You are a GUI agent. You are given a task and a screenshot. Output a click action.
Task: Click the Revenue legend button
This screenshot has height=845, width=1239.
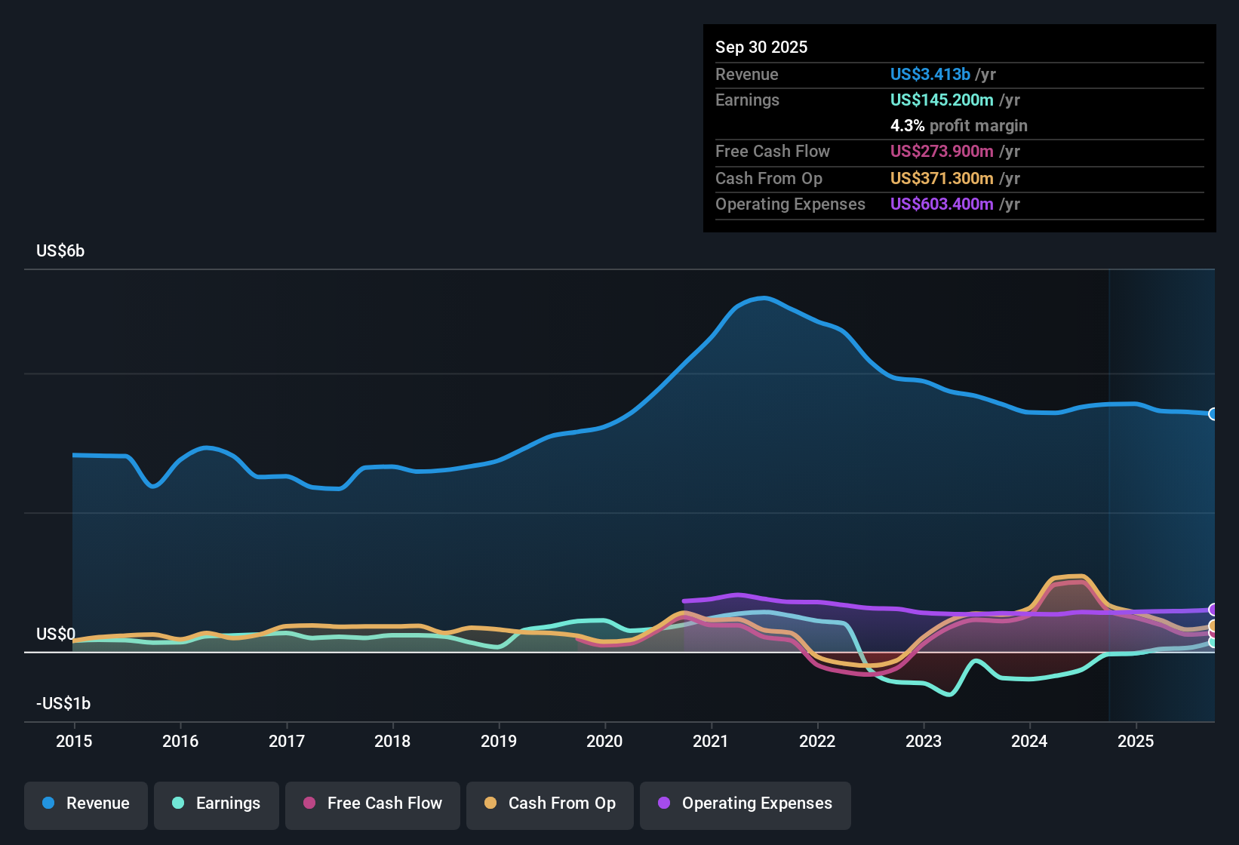tap(86, 804)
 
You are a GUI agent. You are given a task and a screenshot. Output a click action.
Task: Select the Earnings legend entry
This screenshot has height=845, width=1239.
tap(217, 804)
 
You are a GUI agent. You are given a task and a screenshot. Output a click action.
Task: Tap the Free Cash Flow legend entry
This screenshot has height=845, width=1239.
tap(373, 804)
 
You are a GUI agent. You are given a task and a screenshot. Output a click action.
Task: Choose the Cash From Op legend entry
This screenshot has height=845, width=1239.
tap(550, 804)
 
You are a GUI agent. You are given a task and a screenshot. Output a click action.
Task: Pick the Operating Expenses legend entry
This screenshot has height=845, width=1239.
tap(746, 804)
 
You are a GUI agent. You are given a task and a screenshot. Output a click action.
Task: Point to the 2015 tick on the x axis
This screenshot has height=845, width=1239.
tap(74, 741)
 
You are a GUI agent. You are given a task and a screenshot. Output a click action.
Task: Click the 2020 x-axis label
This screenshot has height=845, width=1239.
tap(604, 741)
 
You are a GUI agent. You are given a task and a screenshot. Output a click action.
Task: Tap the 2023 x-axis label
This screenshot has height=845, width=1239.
tap(924, 741)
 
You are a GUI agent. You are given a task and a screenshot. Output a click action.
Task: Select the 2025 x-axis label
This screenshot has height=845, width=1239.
tap(1136, 741)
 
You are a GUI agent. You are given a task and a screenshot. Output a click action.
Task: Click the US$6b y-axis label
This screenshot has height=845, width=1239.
tap(60, 250)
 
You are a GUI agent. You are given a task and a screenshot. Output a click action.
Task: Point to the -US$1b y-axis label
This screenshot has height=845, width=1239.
tap(63, 703)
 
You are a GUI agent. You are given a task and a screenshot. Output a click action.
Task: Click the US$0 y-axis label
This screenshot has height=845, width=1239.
tap(55, 634)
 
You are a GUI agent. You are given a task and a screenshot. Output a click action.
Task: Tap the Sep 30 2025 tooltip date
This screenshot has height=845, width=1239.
tap(761, 47)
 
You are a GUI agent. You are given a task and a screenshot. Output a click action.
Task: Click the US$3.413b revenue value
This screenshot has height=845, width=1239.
tap(930, 74)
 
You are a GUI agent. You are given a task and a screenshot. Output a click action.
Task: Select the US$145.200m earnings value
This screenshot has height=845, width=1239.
tap(941, 100)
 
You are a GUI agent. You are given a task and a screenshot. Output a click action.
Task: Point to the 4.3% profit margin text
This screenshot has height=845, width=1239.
tap(958, 125)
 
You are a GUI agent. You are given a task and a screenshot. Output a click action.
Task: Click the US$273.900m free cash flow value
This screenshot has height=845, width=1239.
tap(941, 151)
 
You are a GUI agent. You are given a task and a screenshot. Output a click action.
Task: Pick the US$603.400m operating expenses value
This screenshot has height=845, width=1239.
tap(941, 204)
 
